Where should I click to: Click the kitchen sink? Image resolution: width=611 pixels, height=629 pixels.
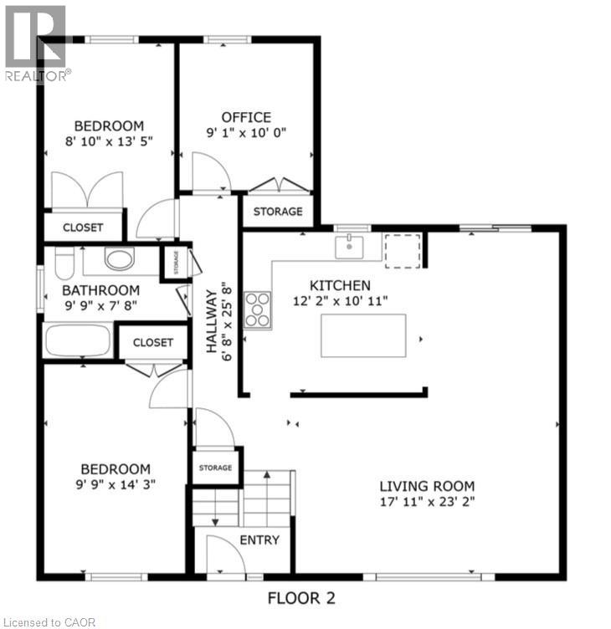[x=349, y=247]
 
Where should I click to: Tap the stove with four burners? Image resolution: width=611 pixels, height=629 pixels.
[x=258, y=309]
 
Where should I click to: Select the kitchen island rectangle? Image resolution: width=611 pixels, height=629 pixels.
[x=363, y=335]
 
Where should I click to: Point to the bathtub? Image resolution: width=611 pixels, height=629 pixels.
[x=78, y=342]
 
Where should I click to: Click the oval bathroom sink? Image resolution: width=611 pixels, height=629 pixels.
[x=121, y=259]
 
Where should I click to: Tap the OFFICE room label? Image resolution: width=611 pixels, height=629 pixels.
[x=245, y=117]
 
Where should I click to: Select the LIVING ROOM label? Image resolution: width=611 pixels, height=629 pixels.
[x=427, y=486]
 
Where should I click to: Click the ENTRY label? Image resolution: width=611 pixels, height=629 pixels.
[x=259, y=540]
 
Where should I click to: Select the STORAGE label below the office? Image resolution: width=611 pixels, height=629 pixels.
[x=278, y=212]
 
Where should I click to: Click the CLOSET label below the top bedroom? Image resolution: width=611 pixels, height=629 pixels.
[x=83, y=228]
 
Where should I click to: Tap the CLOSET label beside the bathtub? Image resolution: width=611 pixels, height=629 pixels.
[x=152, y=342]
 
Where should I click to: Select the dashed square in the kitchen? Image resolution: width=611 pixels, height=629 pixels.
[x=402, y=250]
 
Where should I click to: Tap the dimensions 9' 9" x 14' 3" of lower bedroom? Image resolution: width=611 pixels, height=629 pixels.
[x=116, y=483]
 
